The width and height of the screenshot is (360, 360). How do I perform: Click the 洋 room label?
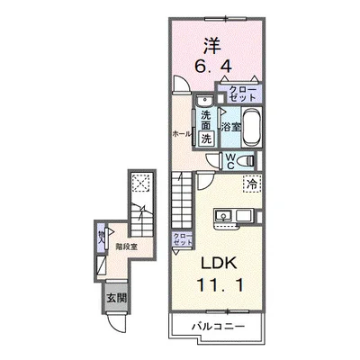[212, 44]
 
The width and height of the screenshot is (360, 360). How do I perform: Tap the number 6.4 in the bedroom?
[213, 67]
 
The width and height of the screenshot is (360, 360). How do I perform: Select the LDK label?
[216, 265]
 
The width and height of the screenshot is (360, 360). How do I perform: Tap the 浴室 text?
[231, 127]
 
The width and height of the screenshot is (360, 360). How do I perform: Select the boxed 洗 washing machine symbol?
[206, 138]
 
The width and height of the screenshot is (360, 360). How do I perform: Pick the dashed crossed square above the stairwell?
[139, 185]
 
